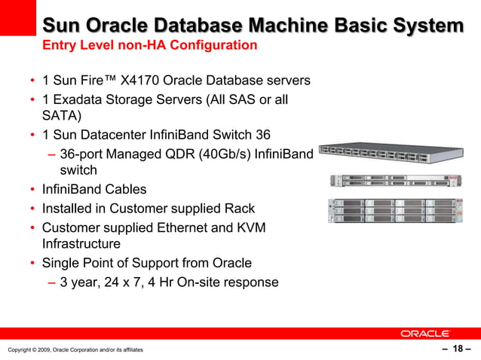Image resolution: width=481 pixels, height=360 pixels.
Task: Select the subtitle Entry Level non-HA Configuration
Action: coord(149,45)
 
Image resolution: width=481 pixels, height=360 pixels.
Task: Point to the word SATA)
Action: coord(61,116)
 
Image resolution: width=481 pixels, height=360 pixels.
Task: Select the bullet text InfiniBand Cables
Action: coord(94,189)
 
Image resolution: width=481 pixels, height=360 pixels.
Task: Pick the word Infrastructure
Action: coord(81,244)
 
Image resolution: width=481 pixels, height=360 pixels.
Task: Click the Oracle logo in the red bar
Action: coord(424,333)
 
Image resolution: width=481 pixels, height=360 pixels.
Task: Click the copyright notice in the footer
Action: coord(75,349)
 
